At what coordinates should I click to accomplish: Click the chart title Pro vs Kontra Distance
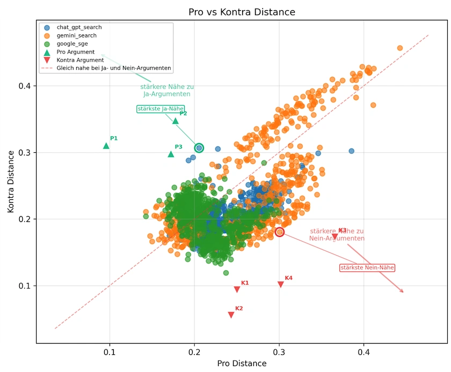(242, 12)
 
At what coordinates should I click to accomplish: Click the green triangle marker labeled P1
(106, 145)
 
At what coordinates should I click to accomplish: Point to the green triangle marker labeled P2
(176, 121)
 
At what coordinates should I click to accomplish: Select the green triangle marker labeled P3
(171, 154)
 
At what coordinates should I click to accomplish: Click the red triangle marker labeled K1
(237, 289)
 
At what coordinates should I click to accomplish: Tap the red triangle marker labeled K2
(231, 315)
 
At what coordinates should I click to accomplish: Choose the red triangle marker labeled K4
(281, 285)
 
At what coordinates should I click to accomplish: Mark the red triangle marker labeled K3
(335, 237)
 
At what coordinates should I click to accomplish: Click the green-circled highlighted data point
(199, 148)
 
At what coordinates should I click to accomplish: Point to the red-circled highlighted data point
(280, 232)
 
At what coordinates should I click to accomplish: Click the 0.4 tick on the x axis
(363, 353)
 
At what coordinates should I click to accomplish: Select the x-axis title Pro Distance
(242, 363)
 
